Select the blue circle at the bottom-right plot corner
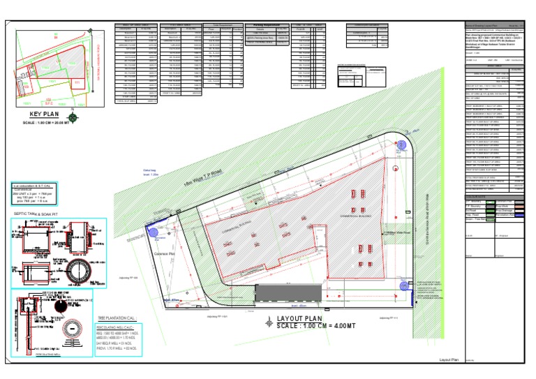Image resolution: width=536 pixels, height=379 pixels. point(404,285)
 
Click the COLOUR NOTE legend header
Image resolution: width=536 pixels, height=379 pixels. point(478,196)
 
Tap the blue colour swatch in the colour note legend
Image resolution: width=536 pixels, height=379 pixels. point(518,216)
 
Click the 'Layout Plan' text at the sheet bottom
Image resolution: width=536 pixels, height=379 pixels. point(448,359)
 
